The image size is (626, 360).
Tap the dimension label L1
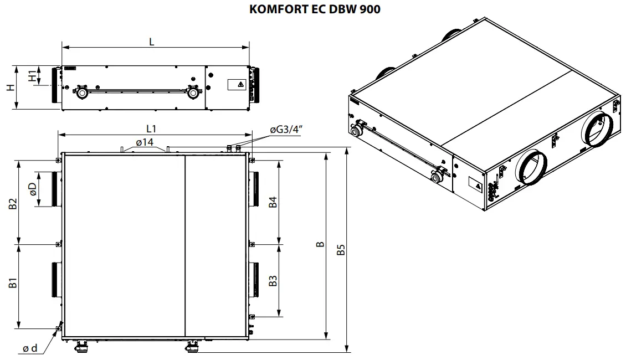151,128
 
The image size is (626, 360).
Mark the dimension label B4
273,202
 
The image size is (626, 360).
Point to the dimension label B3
273,281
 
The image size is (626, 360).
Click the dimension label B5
341,250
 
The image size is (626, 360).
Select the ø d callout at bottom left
30,348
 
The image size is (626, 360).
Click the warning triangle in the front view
240,85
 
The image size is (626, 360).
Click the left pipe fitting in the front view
81,92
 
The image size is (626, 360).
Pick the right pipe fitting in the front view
193,92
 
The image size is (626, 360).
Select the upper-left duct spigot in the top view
57,189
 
